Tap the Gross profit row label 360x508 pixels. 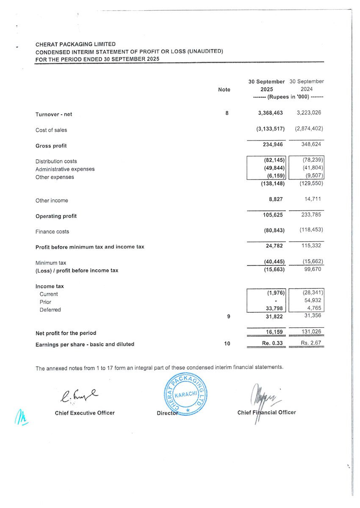[x=51, y=146]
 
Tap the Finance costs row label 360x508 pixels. [x=52, y=232]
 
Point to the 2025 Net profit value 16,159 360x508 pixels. [x=274, y=333]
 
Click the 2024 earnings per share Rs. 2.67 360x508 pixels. [x=311, y=344]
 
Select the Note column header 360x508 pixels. [x=224, y=89]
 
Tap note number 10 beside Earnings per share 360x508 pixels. [x=227, y=344]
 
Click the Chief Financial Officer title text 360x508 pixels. [x=266, y=412]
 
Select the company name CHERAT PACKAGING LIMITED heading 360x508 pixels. [x=75, y=44]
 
